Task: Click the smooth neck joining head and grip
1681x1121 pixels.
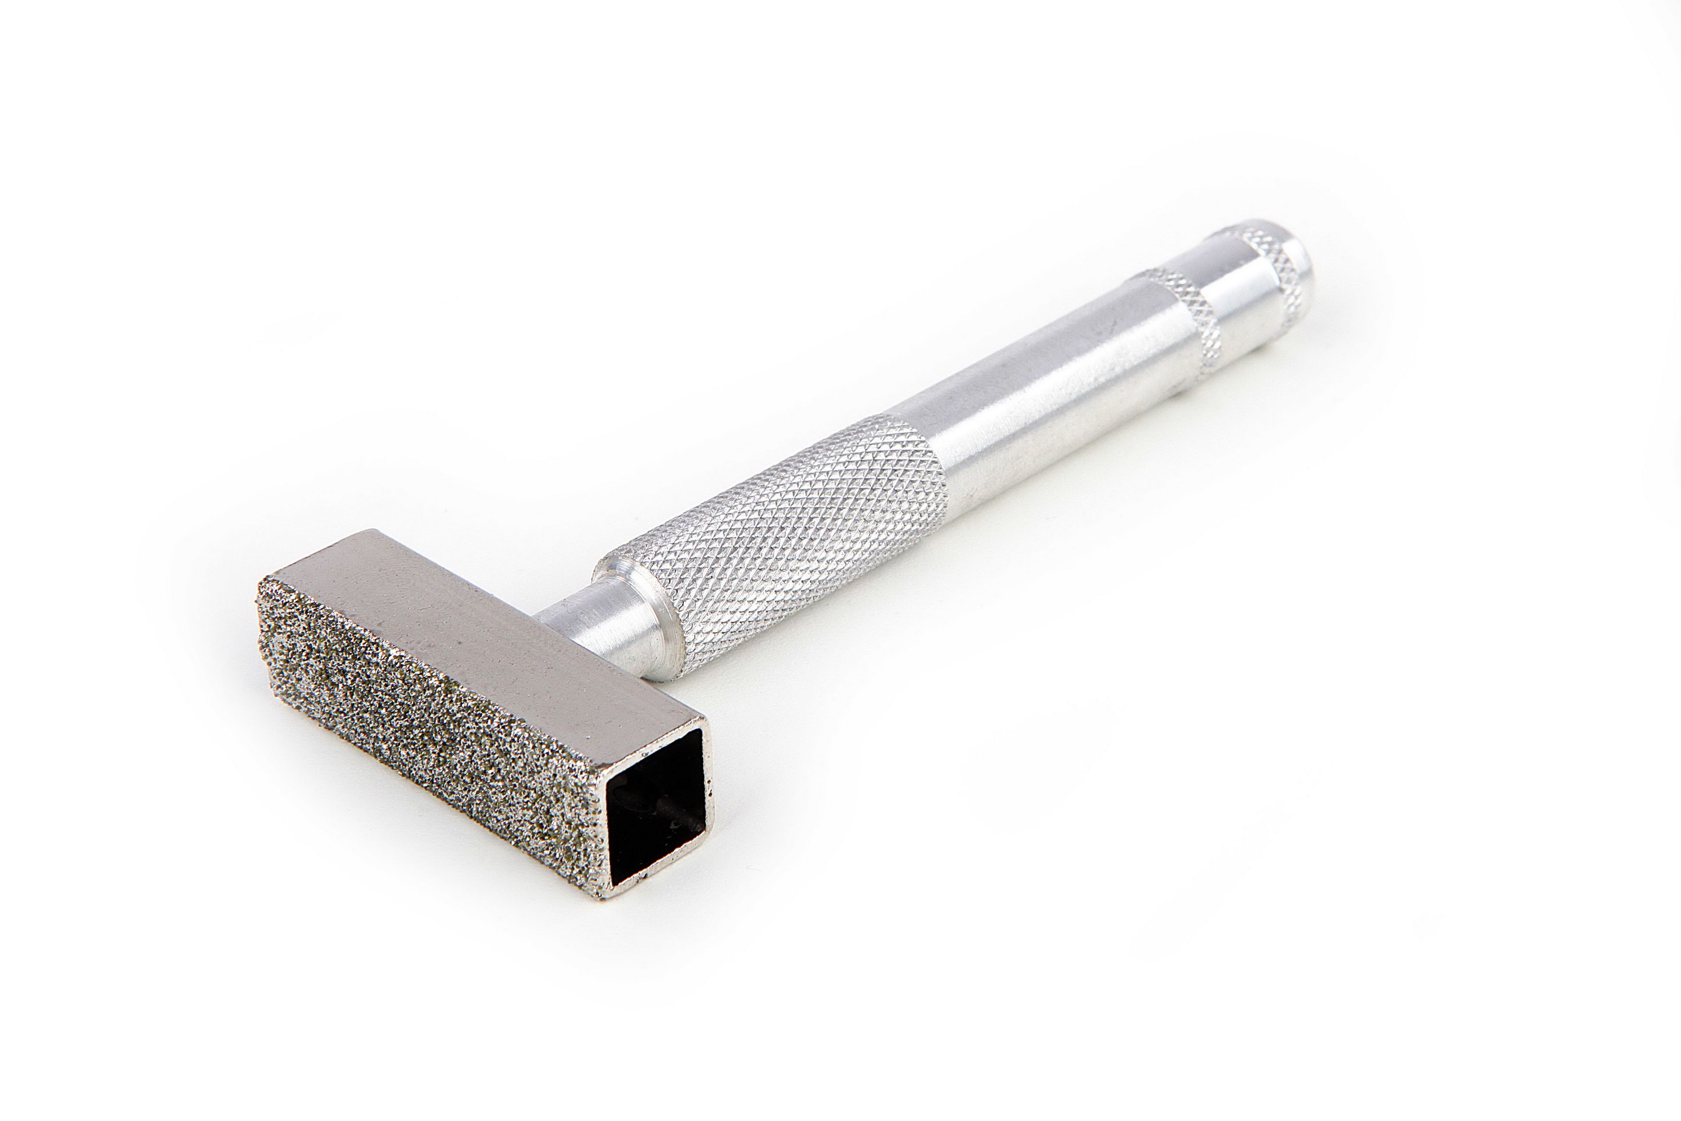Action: click(x=600, y=615)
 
